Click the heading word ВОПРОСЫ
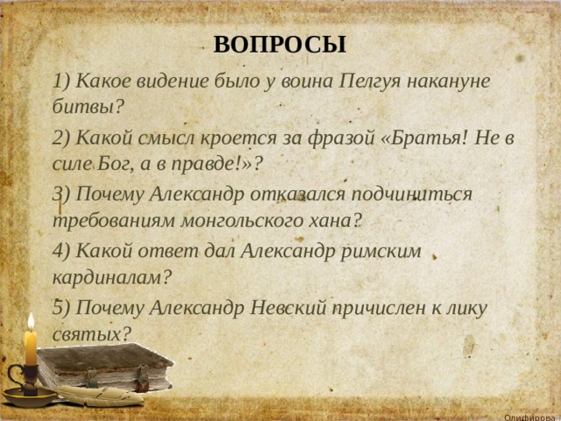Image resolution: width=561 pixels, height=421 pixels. click(280, 45)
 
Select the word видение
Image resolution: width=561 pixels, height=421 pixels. click(174, 81)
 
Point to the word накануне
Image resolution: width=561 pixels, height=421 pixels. click(449, 82)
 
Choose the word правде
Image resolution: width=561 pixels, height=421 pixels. click(202, 165)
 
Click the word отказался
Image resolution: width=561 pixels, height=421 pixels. click(298, 195)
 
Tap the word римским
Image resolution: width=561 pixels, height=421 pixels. click(380, 252)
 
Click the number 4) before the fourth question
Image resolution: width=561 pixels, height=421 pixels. click(61, 251)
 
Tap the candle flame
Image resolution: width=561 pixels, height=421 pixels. click(32, 322)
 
